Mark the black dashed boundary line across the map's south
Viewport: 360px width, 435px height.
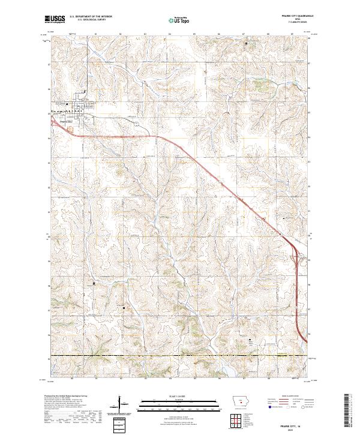tap(180, 355)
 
